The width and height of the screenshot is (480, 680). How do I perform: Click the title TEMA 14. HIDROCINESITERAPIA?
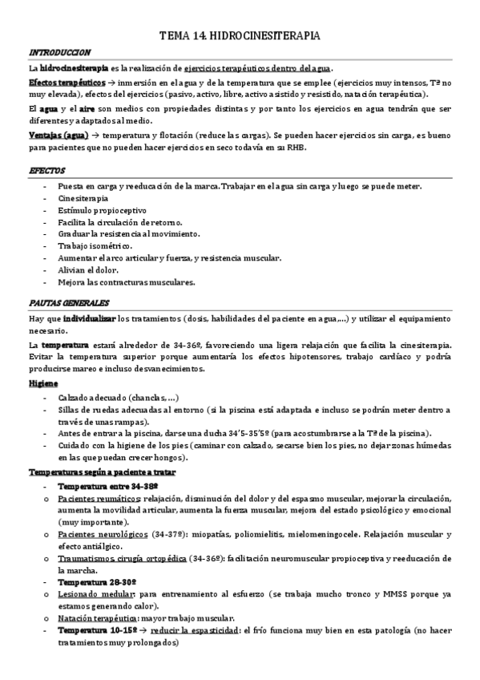pyautogui.click(x=240, y=36)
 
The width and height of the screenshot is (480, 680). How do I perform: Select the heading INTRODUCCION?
pyautogui.click(x=59, y=53)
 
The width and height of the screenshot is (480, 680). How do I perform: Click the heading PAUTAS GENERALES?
pyautogui.click(x=69, y=303)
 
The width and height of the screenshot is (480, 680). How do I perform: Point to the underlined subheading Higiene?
pyautogui.click(x=43, y=384)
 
